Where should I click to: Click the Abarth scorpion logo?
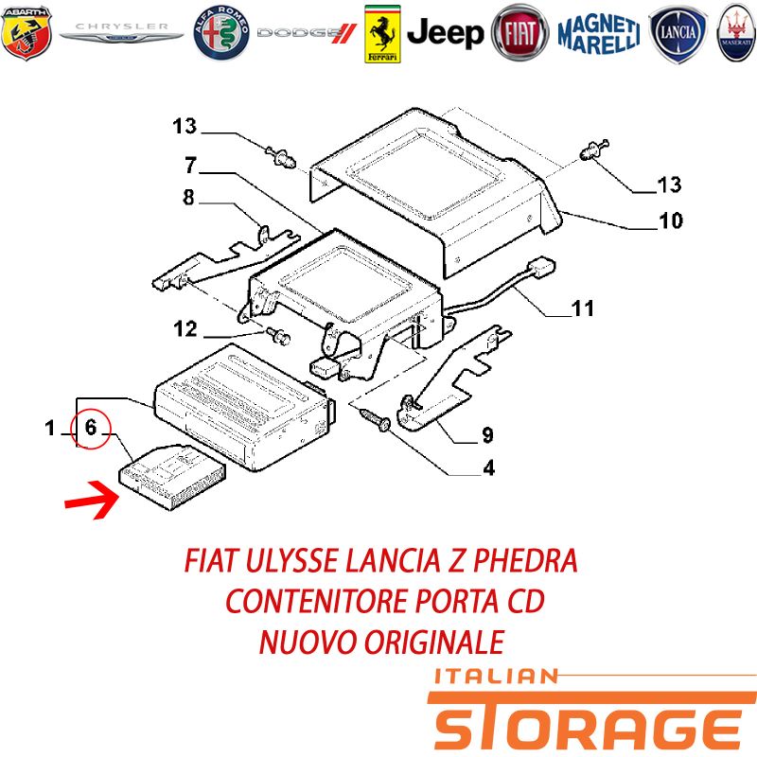pyautogui.click(x=26, y=33)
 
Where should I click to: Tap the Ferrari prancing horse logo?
pyautogui.click(x=382, y=34)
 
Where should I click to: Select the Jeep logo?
pyautogui.click(x=445, y=33)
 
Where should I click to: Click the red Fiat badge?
pyautogui.click(x=519, y=33)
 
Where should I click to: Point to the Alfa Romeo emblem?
pyautogui.click(x=221, y=33)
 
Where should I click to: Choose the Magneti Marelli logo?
pyautogui.click(x=599, y=34)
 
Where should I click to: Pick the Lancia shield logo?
pyautogui.click(x=678, y=33)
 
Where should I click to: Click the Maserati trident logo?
pyautogui.click(x=737, y=33)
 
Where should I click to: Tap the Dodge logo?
pyautogui.click(x=307, y=33)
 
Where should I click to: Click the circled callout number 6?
pyautogui.click(x=91, y=428)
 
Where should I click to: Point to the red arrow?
pyautogui.click(x=92, y=501)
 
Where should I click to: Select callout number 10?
pyautogui.click(x=671, y=220)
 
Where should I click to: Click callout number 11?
pyautogui.click(x=582, y=308)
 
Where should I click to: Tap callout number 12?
pyautogui.click(x=185, y=329)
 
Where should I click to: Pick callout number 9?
pyautogui.click(x=487, y=435)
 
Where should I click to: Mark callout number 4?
pyautogui.click(x=488, y=467)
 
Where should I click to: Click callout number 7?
pyautogui.click(x=191, y=165)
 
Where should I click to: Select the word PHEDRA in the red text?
pyautogui.click(x=525, y=560)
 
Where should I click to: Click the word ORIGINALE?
pyautogui.click(x=434, y=643)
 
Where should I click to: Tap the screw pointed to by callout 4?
pyautogui.click(x=376, y=418)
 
